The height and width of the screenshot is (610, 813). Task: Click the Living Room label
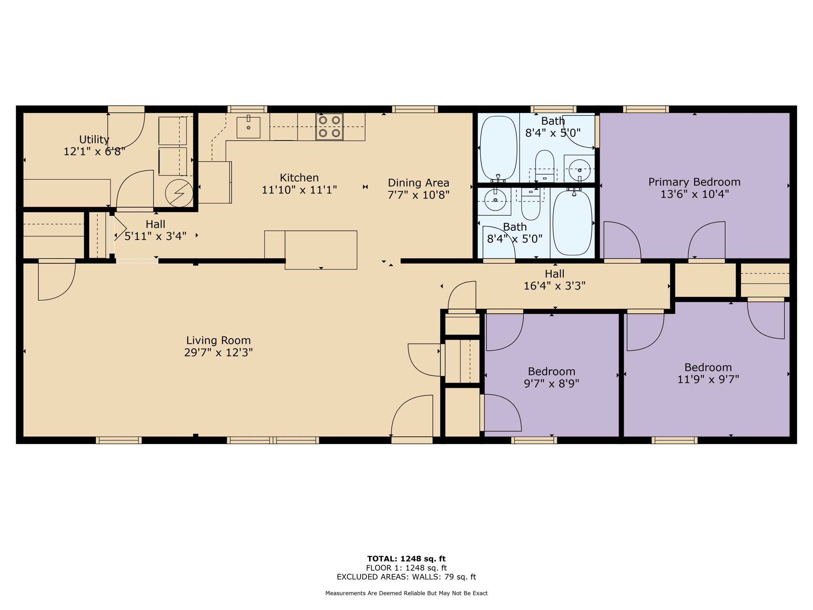coord(218,340)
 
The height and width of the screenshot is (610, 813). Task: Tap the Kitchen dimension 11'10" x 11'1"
coord(299,190)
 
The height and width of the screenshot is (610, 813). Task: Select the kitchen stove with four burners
coord(329,127)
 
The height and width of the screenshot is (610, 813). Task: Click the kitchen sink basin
coord(248,127)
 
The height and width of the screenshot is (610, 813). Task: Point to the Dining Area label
coord(418,183)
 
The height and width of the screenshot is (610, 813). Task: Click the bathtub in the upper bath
coord(499,148)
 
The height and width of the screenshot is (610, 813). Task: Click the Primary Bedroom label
coord(694,182)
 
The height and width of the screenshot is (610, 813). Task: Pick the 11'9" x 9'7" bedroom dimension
coord(708,380)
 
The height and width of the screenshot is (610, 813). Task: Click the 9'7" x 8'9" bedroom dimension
coord(551,384)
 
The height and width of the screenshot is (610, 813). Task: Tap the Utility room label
coord(94,139)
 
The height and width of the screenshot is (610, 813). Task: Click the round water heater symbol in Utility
coord(179,193)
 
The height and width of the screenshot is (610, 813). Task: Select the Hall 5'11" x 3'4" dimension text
coord(155,237)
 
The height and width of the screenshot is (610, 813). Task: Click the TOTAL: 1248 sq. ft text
coord(406,559)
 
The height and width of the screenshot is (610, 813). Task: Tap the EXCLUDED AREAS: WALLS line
coord(406,577)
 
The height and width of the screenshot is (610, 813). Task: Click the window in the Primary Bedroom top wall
coord(645,109)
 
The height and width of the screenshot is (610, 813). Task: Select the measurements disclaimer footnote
coord(406,593)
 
